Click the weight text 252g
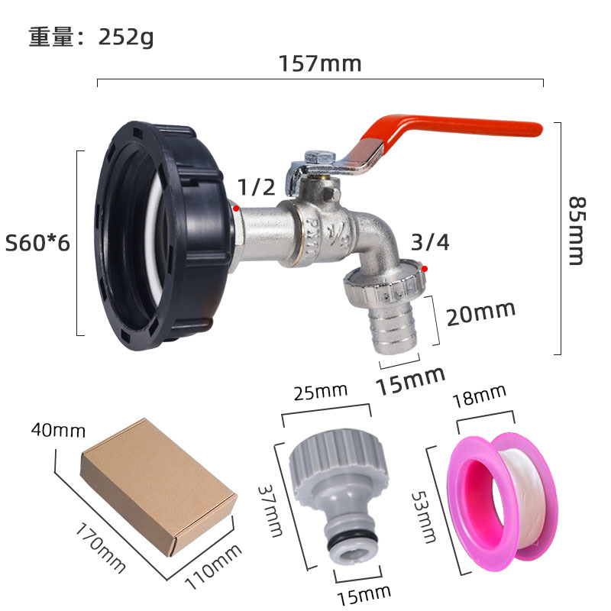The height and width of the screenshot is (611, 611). [x=126, y=36]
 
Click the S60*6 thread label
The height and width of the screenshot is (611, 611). [x=37, y=244]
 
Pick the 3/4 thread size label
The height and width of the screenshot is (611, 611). [x=430, y=243]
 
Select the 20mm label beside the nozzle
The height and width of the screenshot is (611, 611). [x=480, y=312]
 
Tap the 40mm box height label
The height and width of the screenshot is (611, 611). [x=58, y=431]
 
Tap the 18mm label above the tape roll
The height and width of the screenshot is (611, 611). [x=479, y=396]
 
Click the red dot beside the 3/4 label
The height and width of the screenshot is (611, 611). [x=424, y=269]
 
